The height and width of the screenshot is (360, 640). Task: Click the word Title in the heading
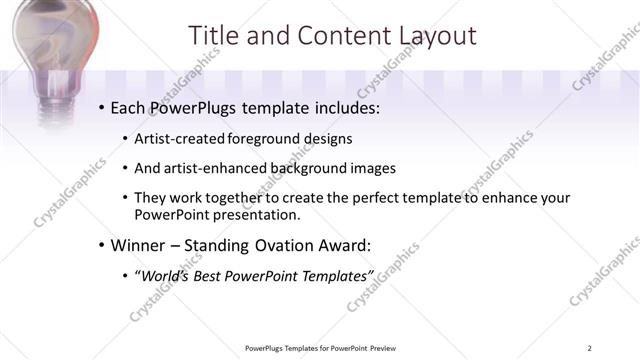click(x=214, y=36)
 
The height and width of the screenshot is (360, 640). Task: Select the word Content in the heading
click(x=336, y=36)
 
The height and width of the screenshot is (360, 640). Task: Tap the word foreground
click(x=263, y=137)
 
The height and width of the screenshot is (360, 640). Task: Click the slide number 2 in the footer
click(x=590, y=348)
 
